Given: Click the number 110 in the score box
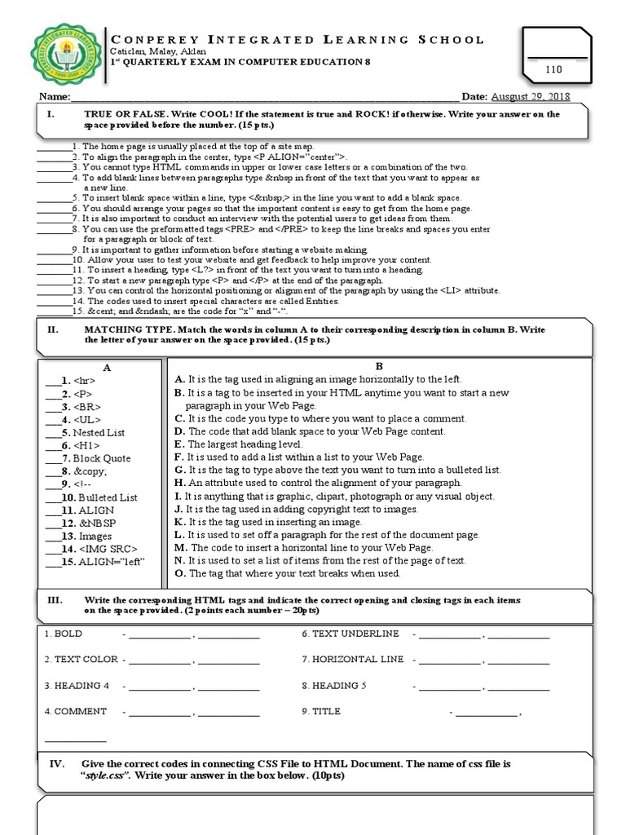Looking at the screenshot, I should click(x=554, y=71).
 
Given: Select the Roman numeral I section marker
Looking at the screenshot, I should click(x=51, y=114).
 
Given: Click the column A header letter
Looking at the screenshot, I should click(x=107, y=367).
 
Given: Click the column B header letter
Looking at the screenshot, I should click(x=378, y=366).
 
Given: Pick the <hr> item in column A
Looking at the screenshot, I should click(x=84, y=380).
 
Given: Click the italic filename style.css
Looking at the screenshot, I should click(x=107, y=775).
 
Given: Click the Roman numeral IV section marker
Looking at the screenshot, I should click(x=57, y=763).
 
